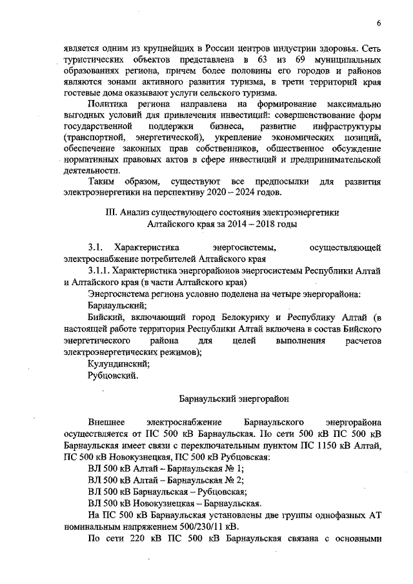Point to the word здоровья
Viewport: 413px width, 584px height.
pos(340,48)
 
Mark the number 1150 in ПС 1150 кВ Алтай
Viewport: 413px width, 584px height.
pos(321,446)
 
